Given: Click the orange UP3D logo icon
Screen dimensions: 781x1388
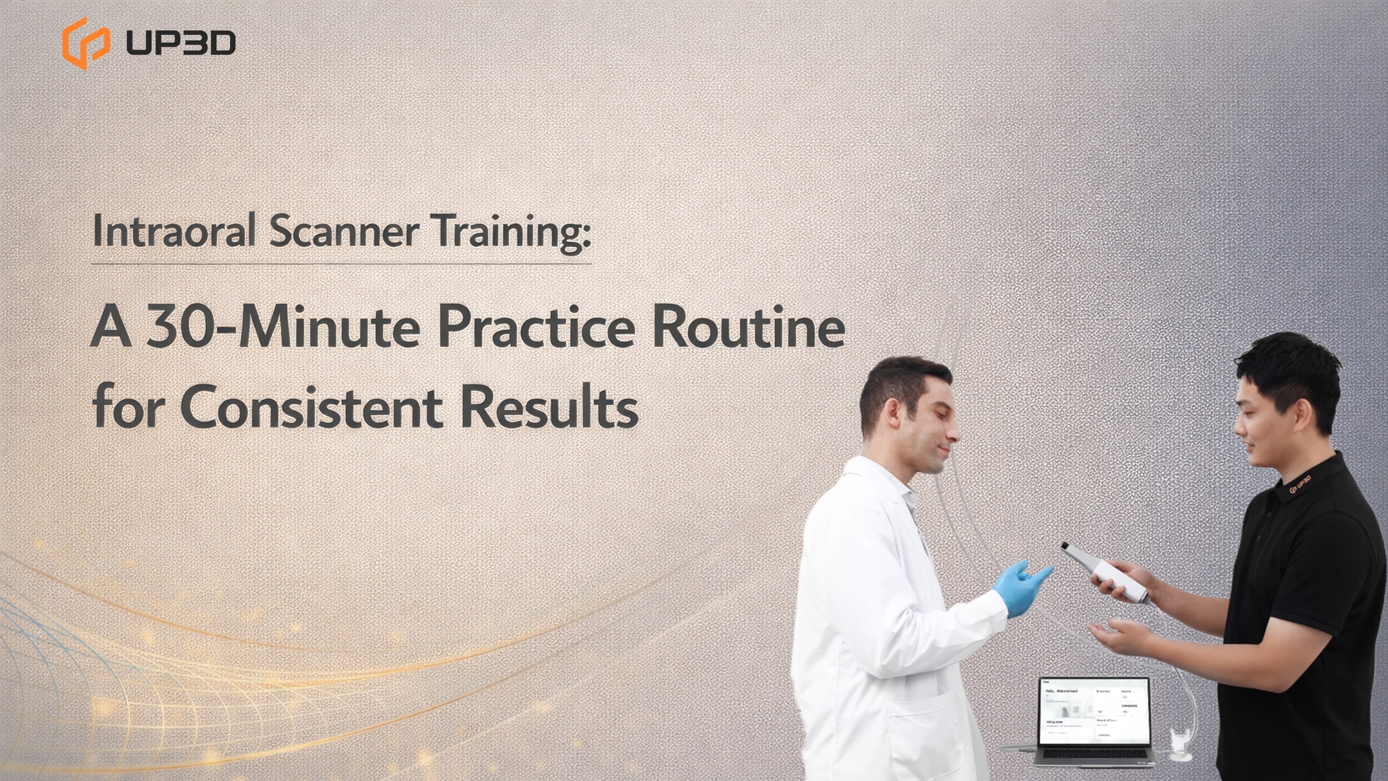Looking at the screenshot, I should point(85,43).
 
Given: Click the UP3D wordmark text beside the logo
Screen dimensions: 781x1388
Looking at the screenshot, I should point(180,43).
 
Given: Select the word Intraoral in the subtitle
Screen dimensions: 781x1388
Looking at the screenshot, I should point(174,231).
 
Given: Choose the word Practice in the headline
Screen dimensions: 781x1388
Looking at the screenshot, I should point(536,327).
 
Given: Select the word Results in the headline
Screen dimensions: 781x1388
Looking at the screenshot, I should point(550,407).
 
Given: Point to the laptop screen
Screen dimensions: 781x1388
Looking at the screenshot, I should point(1094,712).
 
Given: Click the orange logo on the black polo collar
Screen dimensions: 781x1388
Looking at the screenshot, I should point(1300,484).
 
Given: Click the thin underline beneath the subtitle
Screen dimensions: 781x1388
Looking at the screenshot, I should point(342,264).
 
